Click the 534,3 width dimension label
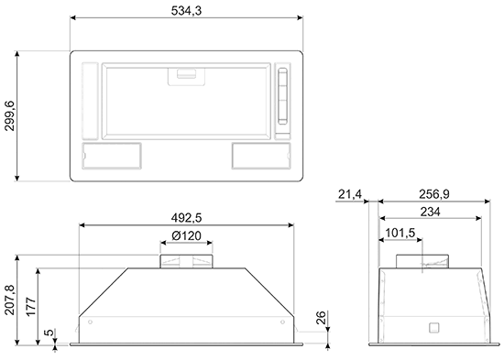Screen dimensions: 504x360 click(x=186, y=11)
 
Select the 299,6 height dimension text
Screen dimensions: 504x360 click(x=10, y=115)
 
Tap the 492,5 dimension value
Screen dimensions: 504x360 click(x=186, y=218)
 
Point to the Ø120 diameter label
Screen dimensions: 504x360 click(x=186, y=236)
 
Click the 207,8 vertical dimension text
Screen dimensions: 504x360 click(x=10, y=300)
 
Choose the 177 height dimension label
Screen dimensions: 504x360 click(x=31, y=307)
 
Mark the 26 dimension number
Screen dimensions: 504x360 click(x=321, y=317)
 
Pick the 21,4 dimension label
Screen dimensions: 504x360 click(x=350, y=194)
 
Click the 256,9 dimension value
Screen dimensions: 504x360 click(x=434, y=194)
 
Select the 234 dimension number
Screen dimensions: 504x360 click(x=431, y=212)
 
